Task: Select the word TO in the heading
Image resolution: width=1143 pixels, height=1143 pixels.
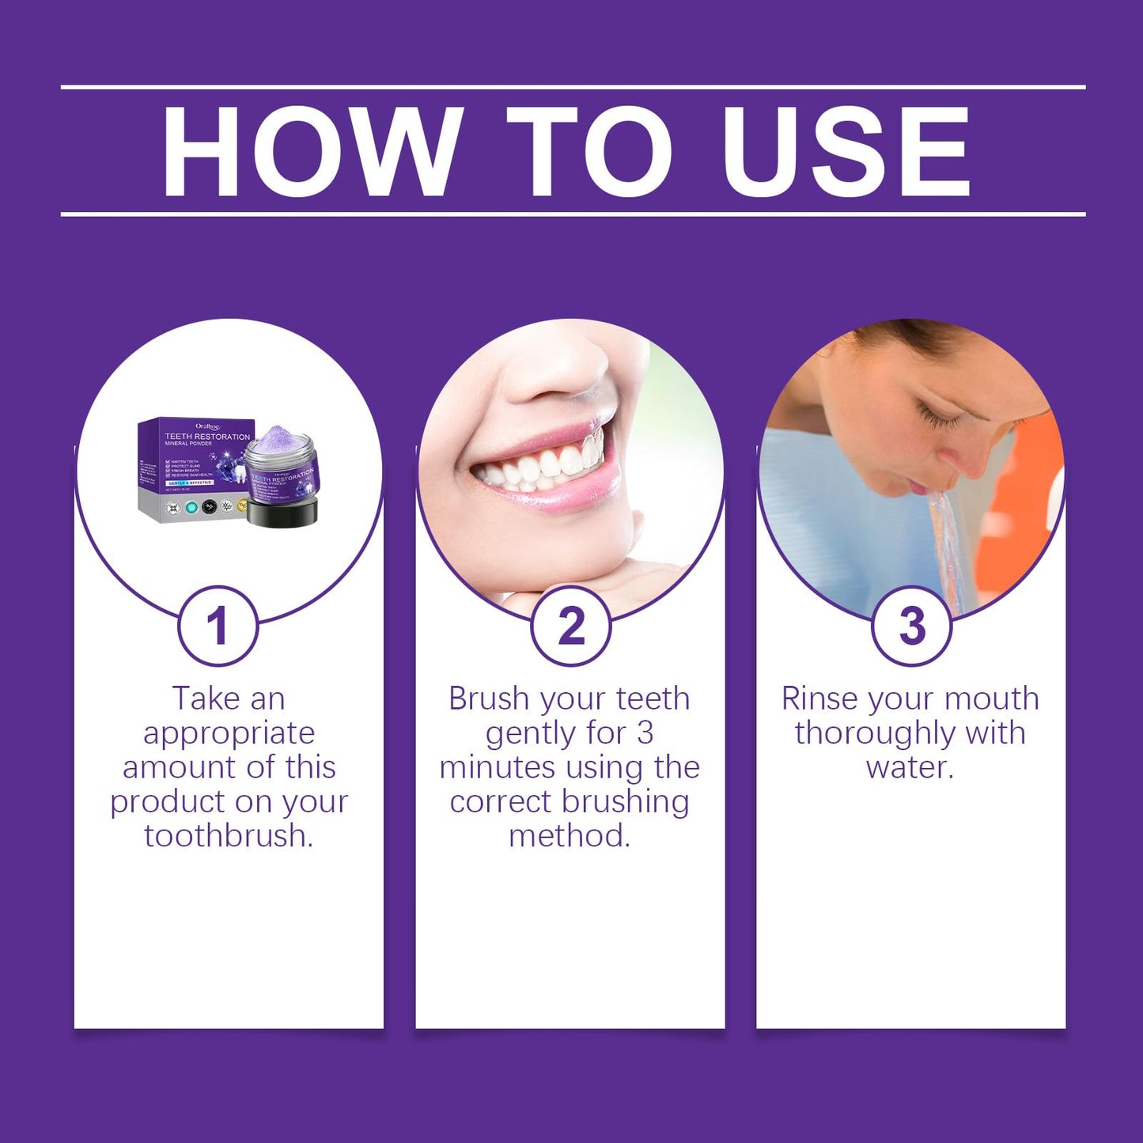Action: [x=589, y=150]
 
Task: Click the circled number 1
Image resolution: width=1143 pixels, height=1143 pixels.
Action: [x=218, y=626]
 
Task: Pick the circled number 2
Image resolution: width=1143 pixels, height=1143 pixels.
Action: [x=570, y=626]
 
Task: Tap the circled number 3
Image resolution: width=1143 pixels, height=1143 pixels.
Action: [x=911, y=626]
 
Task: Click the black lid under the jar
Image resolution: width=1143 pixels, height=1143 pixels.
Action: [x=282, y=513]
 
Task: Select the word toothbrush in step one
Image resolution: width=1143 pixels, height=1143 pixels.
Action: [x=229, y=836]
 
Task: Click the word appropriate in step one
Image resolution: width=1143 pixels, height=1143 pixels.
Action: [x=229, y=734]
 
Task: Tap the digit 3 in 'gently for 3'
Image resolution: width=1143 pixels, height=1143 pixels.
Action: [x=645, y=733]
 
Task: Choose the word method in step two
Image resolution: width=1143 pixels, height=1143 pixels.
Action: [x=570, y=836]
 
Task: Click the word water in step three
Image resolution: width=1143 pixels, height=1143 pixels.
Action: [x=910, y=767]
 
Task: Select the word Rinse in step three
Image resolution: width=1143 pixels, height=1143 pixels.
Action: [x=819, y=699]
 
